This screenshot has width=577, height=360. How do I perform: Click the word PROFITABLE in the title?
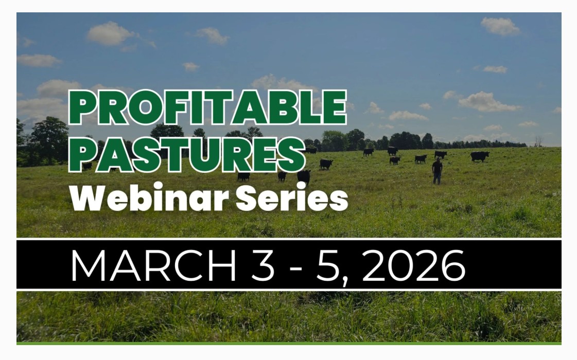pyautogui.click(x=208, y=107)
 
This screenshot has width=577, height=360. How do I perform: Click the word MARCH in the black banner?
pyautogui.click(x=153, y=265)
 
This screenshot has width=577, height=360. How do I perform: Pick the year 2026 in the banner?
pyautogui.click(x=414, y=265)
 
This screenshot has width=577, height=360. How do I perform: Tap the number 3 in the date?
pyautogui.click(x=263, y=265)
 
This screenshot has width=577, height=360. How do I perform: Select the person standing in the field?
pyautogui.click(x=437, y=171)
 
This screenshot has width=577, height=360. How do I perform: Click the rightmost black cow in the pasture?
pyautogui.click(x=480, y=156)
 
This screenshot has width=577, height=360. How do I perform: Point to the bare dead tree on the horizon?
pyautogui.click(x=539, y=141)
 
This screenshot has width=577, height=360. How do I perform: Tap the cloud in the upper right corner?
pyautogui.click(x=500, y=26)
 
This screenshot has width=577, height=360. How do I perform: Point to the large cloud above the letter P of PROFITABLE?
pyautogui.click(x=110, y=33)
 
